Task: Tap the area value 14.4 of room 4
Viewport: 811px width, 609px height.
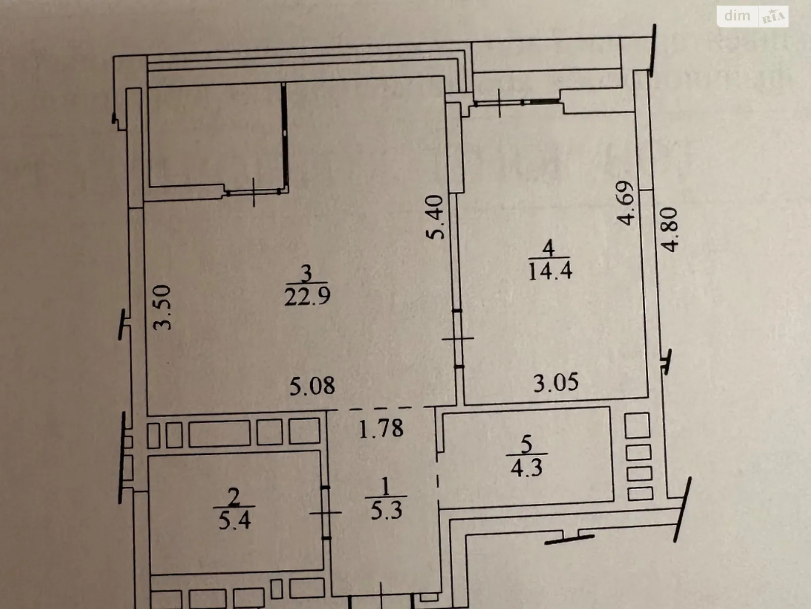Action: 550,271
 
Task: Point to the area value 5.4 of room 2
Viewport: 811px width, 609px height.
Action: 235,521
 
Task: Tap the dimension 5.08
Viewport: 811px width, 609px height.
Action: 312,386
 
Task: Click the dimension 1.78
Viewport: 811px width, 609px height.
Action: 381,429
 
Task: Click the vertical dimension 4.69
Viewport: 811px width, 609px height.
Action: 626,203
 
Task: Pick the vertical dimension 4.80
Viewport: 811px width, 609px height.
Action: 670,229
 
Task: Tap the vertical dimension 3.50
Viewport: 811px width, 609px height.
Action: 164,307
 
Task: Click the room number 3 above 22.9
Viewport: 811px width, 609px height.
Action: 306,275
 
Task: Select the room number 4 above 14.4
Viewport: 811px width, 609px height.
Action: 548,249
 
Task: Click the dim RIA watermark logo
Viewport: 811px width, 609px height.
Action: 753,16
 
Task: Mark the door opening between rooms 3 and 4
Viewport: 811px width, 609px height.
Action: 458,338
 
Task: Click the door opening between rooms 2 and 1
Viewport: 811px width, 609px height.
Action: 326,513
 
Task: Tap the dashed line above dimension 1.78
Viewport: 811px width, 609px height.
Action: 381,409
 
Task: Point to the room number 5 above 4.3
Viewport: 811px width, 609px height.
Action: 527,445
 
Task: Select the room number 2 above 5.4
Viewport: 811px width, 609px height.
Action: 234,498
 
